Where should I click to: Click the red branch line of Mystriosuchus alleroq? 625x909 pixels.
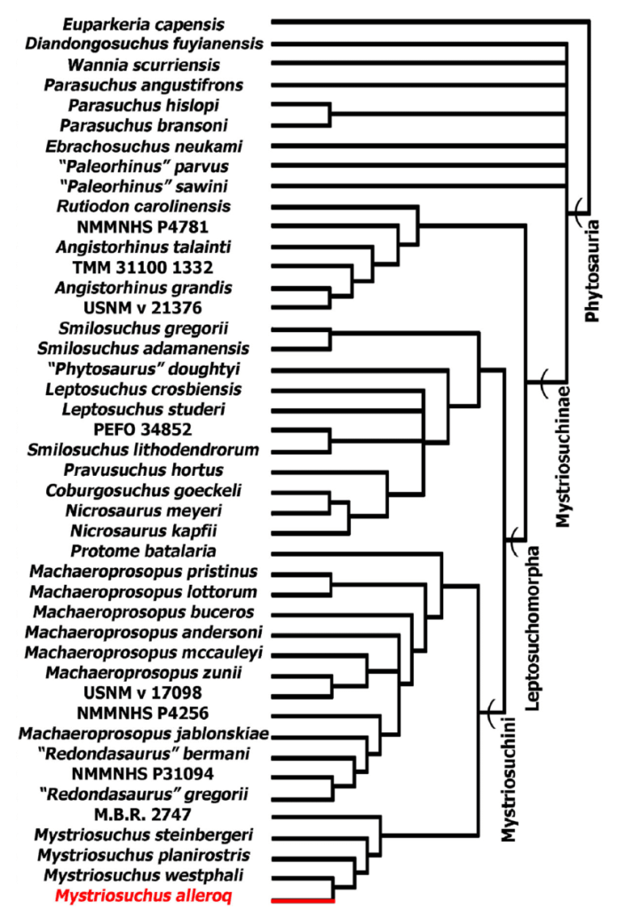(303, 900)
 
